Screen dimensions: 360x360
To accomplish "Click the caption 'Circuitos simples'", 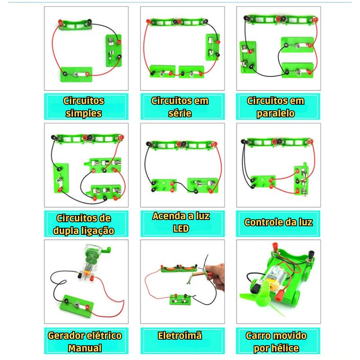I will coord(85,107).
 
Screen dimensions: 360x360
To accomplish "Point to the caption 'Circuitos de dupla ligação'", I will coord(85,224).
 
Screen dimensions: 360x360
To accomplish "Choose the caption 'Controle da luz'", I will coord(278,222).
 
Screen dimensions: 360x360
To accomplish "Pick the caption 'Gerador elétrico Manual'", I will coord(85,341).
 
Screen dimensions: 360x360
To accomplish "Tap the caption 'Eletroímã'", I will coord(180,336).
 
